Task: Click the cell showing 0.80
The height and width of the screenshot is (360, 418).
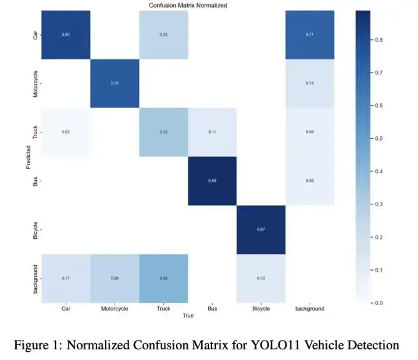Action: (x=66, y=34)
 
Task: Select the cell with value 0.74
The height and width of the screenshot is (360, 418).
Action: (x=115, y=83)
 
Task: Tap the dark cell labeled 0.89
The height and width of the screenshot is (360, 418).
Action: (x=212, y=181)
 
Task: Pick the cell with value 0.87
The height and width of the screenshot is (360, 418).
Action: (x=261, y=229)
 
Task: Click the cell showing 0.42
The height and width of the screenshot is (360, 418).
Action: (x=163, y=278)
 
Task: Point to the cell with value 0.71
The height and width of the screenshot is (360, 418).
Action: (x=310, y=34)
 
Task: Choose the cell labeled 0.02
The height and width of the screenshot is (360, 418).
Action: (x=66, y=132)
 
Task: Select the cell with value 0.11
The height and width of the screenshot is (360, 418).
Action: (x=212, y=132)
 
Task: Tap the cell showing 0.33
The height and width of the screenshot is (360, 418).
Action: (x=163, y=132)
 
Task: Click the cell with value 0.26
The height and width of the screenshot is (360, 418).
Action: (x=115, y=278)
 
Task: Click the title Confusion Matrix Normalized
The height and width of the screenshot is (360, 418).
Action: (x=188, y=5)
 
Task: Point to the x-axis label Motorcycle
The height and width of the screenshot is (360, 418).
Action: (x=115, y=308)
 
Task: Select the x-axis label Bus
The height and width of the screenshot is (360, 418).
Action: (x=212, y=308)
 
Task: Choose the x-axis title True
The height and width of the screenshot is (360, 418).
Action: (x=188, y=316)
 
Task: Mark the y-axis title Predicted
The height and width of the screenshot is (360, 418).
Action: (x=28, y=156)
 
